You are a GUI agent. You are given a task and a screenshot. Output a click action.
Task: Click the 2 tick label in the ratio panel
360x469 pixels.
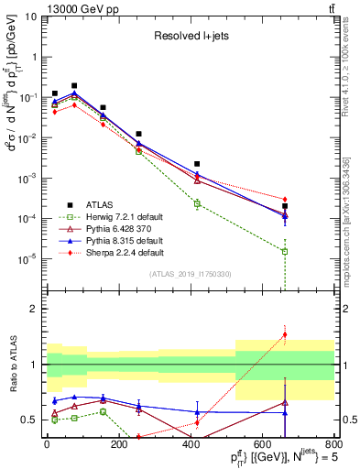pos(34,309)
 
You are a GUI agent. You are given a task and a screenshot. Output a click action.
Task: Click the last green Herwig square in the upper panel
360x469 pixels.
pos(285,251)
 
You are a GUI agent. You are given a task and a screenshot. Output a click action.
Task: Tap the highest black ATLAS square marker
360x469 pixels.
pos(74,85)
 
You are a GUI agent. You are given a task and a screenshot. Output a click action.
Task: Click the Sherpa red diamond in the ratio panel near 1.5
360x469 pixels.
pos(285,334)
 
